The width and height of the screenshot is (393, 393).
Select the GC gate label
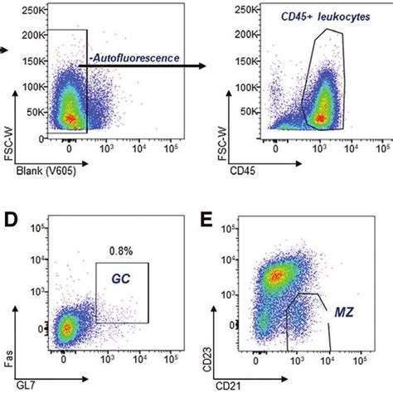(120, 281)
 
